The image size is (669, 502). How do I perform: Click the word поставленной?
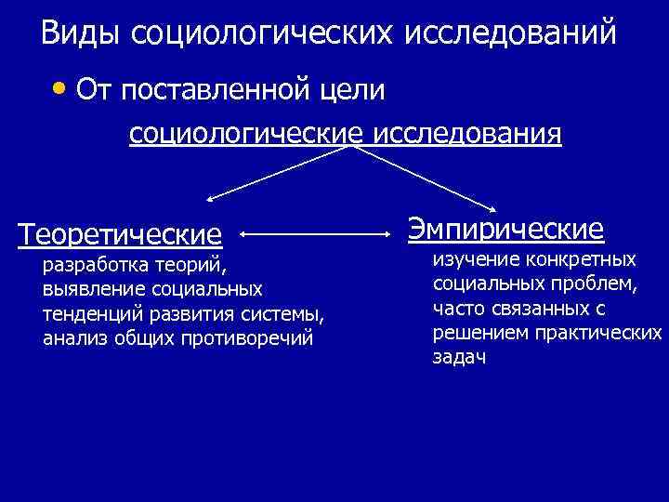216,91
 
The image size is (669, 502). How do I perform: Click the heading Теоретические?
121,234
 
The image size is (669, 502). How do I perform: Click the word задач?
459,357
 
